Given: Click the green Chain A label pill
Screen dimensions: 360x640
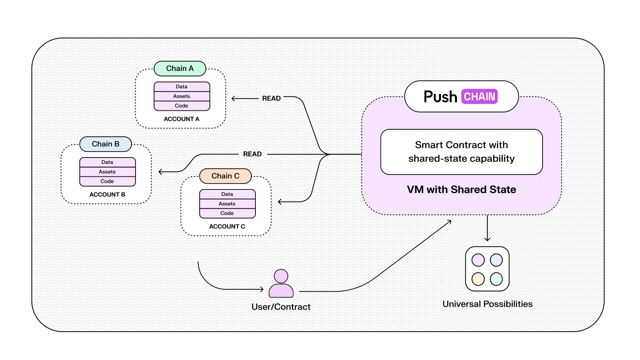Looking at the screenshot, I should pyautogui.click(x=180, y=68).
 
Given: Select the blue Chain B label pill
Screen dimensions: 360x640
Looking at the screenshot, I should pyautogui.click(x=106, y=144).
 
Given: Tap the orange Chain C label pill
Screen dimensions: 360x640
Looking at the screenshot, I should pyautogui.click(x=225, y=176).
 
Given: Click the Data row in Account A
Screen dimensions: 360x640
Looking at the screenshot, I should pyautogui.click(x=181, y=87).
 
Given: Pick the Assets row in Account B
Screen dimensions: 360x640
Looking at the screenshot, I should pyautogui.click(x=107, y=172).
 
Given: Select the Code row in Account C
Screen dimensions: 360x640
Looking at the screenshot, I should pyautogui.click(x=227, y=213).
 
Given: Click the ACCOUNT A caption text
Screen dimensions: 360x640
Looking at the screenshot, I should pyautogui.click(x=181, y=119).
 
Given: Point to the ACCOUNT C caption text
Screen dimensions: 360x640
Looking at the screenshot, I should pyautogui.click(x=227, y=226).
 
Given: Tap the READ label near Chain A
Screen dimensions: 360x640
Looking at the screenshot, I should pyautogui.click(x=271, y=98).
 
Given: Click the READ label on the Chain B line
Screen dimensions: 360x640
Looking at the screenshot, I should pyautogui.click(x=252, y=154).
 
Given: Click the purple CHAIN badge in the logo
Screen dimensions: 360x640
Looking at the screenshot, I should pyautogui.click(x=479, y=96).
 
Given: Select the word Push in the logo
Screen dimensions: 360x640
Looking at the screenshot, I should pyautogui.click(x=440, y=97).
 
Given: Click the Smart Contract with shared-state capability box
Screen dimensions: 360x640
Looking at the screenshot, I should pyautogui.click(x=461, y=152).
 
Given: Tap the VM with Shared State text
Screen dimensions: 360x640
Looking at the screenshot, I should pyautogui.click(x=461, y=190).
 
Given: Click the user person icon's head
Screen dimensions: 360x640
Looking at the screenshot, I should pyautogui.click(x=281, y=276).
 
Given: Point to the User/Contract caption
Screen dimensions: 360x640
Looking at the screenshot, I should pyautogui.click(x=281, y=307).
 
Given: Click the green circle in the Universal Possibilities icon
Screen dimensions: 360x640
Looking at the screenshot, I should pyautogui.click(x=496, y=279).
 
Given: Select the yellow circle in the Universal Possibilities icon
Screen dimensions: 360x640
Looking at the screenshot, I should pyautogui.click(x=478, y=279).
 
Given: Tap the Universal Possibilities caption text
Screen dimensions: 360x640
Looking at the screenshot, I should pyautogui.click(x=487, y=304).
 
